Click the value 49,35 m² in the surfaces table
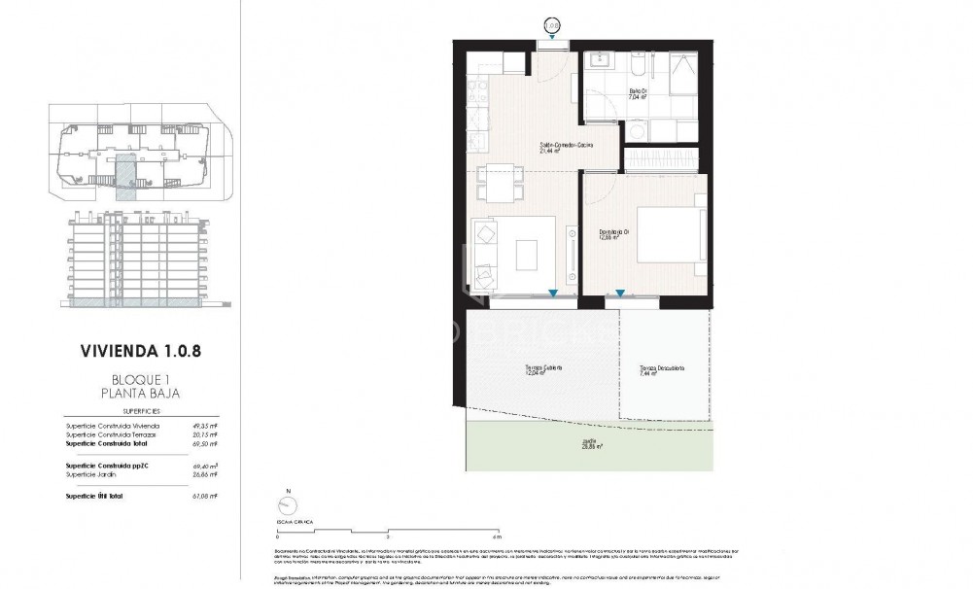pos(201,426)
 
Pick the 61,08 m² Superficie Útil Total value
pos(201,496)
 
